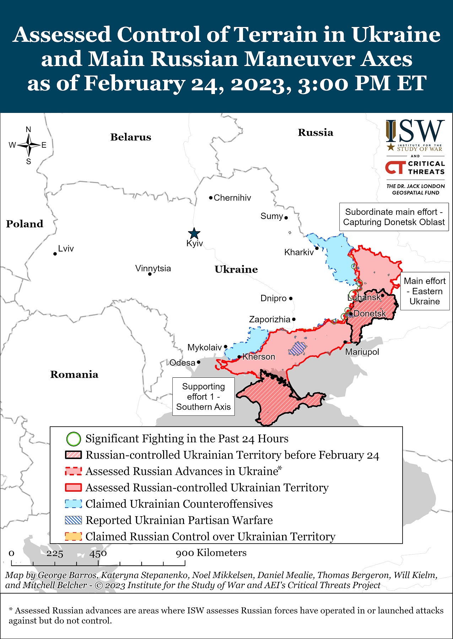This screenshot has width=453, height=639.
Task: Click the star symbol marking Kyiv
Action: pos(194,234)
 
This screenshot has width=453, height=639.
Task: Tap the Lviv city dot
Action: pos(55,254)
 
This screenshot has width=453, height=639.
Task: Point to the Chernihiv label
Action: pos(232,198)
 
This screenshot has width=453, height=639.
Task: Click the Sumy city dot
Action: pos(286,218)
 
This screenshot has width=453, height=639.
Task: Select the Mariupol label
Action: pos(362,352)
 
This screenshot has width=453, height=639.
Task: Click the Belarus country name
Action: pos(131,137)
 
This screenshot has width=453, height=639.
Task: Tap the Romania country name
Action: pos(74,374)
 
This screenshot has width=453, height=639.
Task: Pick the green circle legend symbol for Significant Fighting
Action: pos(74,439)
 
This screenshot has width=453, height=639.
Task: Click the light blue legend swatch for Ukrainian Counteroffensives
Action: pos(74,504)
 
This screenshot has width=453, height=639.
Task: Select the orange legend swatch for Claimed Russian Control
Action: pos(74,536)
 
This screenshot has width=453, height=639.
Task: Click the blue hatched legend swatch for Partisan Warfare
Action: pos(74,520)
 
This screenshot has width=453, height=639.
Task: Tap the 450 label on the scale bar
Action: pos(98,553)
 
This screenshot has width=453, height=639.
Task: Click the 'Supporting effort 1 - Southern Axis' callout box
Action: pos(204,397)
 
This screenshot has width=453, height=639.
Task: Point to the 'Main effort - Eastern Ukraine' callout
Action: pos(425,291)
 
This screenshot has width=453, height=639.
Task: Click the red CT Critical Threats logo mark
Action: pos(395,168)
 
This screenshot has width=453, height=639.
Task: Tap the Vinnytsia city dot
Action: pos(150,274)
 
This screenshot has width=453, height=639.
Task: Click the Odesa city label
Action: pos(182,362)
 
